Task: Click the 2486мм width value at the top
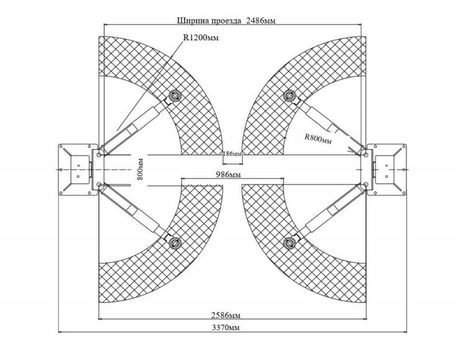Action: click(261, 20)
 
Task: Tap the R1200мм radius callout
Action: click(200, 37)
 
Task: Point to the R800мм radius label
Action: click(318, 138)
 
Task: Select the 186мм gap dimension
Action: click(233, 154)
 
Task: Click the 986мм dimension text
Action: click(228, 174)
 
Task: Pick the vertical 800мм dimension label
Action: click(140, 169)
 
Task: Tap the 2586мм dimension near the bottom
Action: click(226, 315)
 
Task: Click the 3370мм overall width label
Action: click(226, 327)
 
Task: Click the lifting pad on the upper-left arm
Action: click(176, 95)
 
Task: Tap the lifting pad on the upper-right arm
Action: click(289, 95)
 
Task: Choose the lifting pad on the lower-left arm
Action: click(176, 243)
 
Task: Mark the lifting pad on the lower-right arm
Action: click(289, 243)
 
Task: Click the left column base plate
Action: click(78, 169)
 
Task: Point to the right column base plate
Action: click(387, 169)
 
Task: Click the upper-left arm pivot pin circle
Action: click(99, 154)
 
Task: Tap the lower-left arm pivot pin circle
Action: click(99, 185)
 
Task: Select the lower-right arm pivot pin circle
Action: click(366, 185)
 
